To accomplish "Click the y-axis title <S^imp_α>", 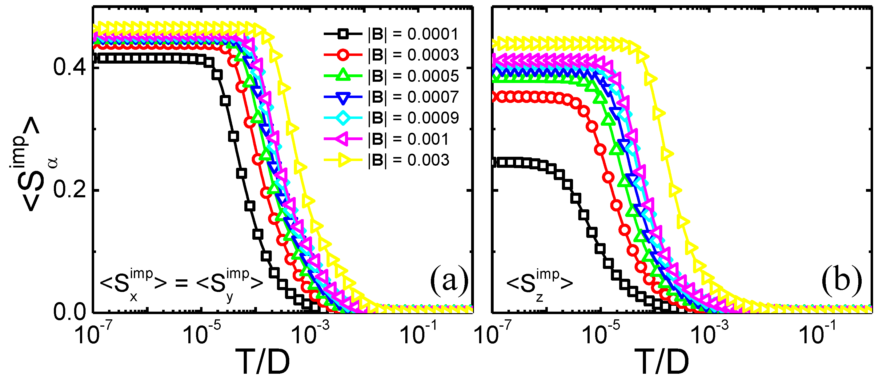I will click(x=33, y=164).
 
